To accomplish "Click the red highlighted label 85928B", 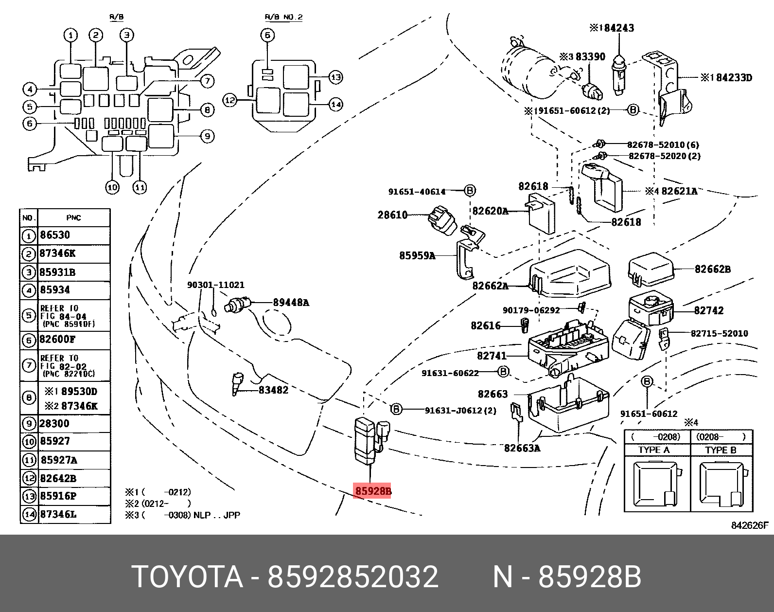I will tap(373, 491).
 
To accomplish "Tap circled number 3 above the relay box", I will tap(126, 35).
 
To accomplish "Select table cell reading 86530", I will tap(55, 235).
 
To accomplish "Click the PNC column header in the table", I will tap(73, 217).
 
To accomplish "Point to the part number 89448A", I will tap(291, 303).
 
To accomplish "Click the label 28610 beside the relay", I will tap(392, 215).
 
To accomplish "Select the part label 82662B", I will tap(712, 269).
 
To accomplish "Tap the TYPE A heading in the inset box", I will tap(653, 450).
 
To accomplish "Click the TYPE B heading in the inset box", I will tap(721, 450).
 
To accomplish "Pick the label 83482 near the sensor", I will tap(273, 390).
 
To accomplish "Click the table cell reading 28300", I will tap(54, 423).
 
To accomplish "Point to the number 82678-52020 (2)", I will tap(665, 156).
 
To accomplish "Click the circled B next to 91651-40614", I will tap(470, 191).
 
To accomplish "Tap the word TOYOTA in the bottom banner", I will tap(187, 577).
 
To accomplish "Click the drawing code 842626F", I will tap(750, 525).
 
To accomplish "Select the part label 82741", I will tap(492, 356).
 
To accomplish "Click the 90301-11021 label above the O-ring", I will tap(215, 285).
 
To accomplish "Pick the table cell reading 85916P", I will tap(58, 496).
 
